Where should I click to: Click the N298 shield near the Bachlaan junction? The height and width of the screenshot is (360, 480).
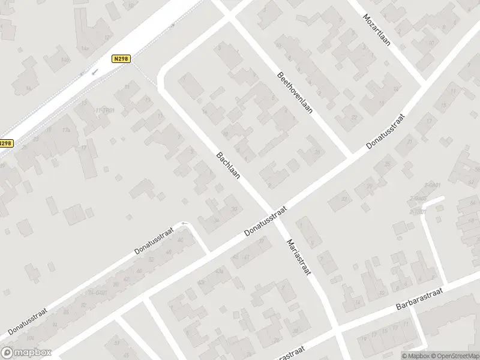pos(121,58)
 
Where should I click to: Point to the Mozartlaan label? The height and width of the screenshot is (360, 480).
pos(376,28)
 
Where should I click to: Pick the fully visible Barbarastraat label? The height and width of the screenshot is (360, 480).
pos(419,298)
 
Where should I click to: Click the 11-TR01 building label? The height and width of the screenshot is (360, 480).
pos(104,110)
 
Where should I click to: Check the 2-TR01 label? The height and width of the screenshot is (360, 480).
pos(418,212)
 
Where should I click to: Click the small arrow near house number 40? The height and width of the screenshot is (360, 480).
pos(184,224)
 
